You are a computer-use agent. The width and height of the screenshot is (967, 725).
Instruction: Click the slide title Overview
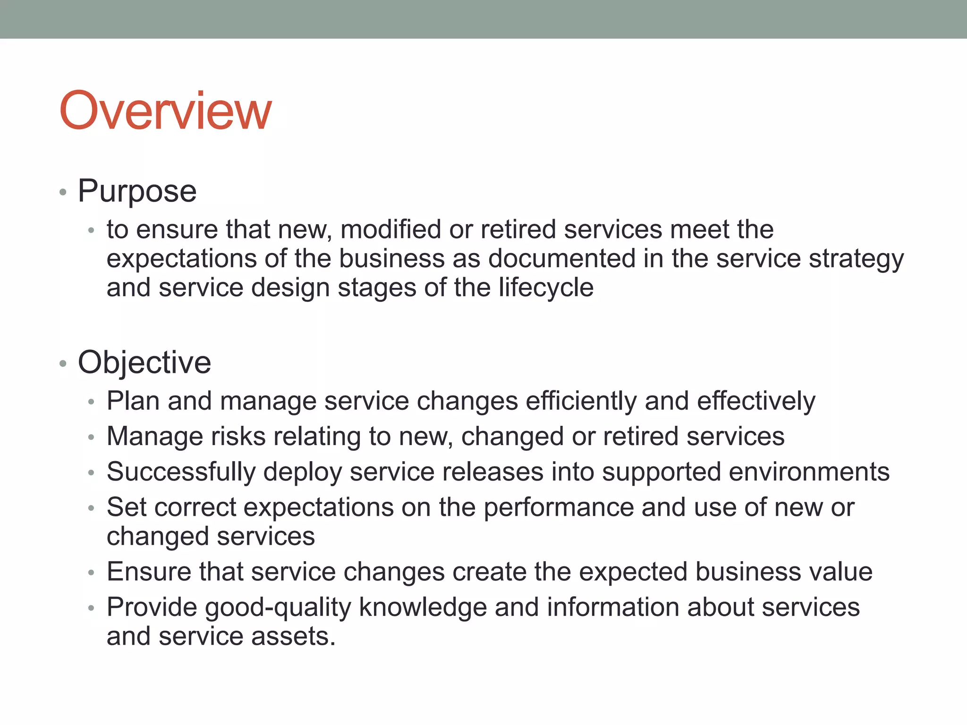pos(165,111)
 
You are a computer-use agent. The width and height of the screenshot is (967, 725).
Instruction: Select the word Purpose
pos(137,191)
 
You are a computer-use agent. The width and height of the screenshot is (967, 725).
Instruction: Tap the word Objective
pos(144,362)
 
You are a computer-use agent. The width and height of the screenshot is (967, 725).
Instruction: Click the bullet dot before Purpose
pos(63,192)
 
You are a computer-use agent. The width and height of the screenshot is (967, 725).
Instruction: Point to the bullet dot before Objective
pos(63,363)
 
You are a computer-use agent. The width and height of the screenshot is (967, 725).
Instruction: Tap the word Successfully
pos(181,472)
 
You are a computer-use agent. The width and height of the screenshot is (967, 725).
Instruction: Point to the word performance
pos(558,508)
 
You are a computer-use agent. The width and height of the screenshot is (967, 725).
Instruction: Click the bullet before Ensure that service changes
pos(92,573)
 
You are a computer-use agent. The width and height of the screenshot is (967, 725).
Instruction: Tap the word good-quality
pos(278,607)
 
